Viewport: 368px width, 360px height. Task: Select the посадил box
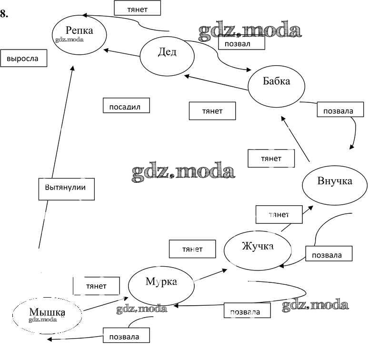[x=126, y=106]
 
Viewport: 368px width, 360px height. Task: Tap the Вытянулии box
[x=65, y=188]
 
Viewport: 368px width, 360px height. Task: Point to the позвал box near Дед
[x=241, y=42]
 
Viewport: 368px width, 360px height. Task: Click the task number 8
[x=4, y=13]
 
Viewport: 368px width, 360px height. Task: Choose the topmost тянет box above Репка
[x=137, y=8]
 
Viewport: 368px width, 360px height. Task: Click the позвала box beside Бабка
[x=338, y=111]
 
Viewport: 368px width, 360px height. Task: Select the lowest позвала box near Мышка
[x=126, y=336]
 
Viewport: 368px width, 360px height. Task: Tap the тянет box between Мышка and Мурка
[x=96, y=286]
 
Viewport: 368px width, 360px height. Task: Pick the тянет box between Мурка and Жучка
[x=192, y=249]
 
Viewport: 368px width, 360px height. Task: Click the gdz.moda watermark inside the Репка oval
[x=70, y=40]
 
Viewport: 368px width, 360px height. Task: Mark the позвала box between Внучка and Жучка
[x=329, y=254]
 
